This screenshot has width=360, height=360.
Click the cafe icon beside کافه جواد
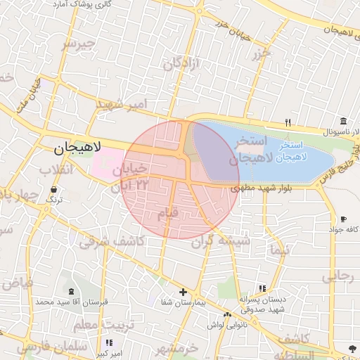(x=343, y=219)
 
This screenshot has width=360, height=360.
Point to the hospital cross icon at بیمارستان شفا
(x=183, y=292)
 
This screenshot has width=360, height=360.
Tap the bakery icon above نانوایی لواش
(x=226, y=314)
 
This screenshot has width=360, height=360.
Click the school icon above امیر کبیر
(x=108, y=342)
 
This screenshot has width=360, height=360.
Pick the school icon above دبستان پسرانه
(x=262, y=288)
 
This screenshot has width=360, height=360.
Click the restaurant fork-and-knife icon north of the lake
(x=288, y=122)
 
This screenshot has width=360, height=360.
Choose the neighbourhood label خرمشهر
(x=176, y=348)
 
